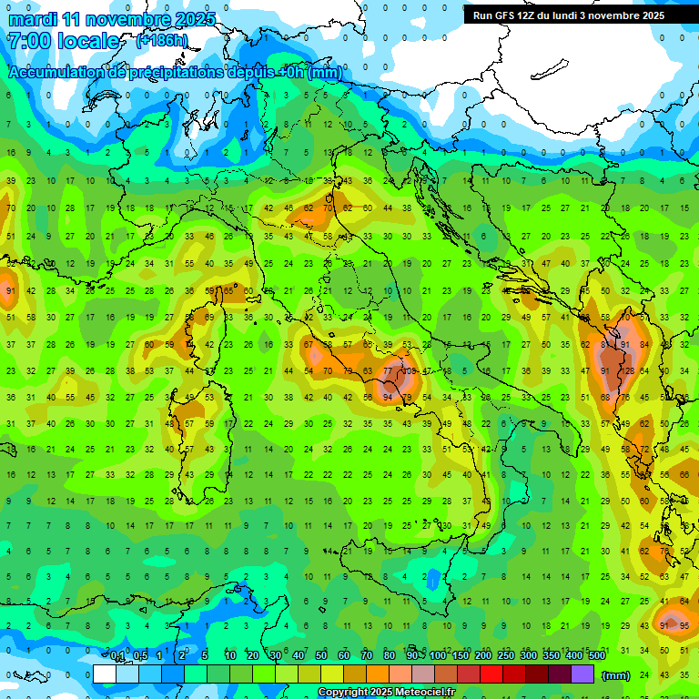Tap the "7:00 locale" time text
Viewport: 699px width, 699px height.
pos(63,41)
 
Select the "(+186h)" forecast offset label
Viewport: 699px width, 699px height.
pos(162,41)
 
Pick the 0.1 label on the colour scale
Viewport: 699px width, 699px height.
pos(118,656)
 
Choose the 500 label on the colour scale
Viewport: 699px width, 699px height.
pos(597,656)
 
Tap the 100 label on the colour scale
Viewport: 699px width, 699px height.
pos(438,656)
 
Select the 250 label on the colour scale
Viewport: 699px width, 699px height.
pos(506,656)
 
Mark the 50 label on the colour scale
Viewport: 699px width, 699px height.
pos(321,656)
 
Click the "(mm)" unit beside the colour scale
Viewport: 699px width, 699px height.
pos(616,675)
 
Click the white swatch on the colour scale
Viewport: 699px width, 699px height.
pos(105,674)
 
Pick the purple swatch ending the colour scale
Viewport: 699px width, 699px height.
pos(582,674)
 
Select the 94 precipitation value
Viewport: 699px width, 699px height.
pos(389,398)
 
